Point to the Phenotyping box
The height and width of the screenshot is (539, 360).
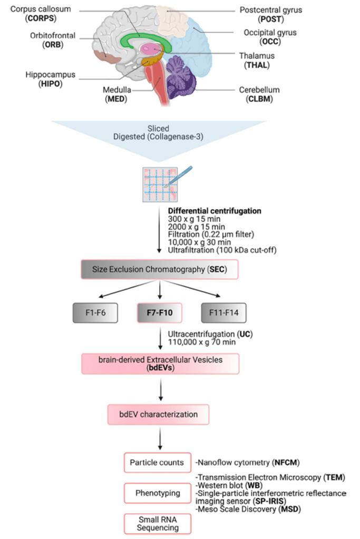click(x=157, y=493)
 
